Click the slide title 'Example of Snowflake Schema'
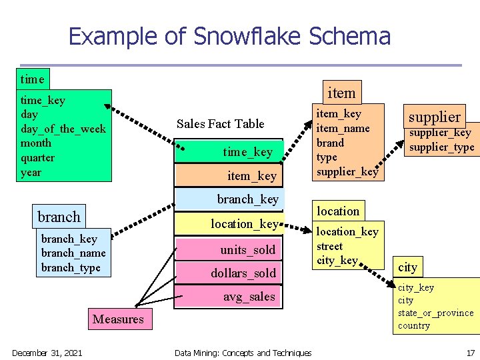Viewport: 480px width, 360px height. click(229, 36)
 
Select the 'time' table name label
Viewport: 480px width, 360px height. click(32, 79)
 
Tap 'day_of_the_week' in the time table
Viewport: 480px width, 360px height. click(63, 129)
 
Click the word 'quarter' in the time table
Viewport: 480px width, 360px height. click(38, 158)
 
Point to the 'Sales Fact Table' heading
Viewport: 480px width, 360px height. click(220, 123)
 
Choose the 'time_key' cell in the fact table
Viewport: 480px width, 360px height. click(247, 152)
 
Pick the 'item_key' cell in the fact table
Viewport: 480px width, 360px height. click(251, 175)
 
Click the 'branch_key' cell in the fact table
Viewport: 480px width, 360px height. click(247, 199)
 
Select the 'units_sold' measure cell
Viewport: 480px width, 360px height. click(247, 249)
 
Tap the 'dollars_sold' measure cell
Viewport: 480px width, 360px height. click(243, 273)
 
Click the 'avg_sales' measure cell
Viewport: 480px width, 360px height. click(249, 297)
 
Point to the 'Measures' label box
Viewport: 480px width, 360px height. click(118, 319)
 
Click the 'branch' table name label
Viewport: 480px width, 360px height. click(59, 217)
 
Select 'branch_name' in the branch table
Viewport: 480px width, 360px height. click(73, 253)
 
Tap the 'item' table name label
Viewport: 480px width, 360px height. click(341, 92)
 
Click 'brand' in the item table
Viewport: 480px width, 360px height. click(330, 143)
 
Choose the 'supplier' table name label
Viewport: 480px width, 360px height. click(434, 117)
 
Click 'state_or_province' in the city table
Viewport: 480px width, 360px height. click(435, 313)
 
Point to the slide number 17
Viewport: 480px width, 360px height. click(470, 353)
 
